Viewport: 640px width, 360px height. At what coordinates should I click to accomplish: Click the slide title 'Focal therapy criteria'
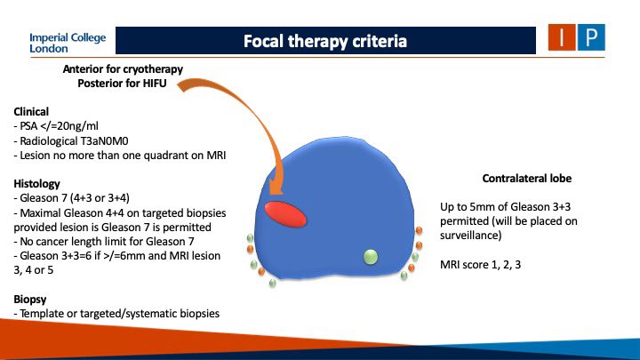326,41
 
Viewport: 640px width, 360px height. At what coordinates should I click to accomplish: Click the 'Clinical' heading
32,113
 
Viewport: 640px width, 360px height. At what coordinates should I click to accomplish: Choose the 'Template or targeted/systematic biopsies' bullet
118,313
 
